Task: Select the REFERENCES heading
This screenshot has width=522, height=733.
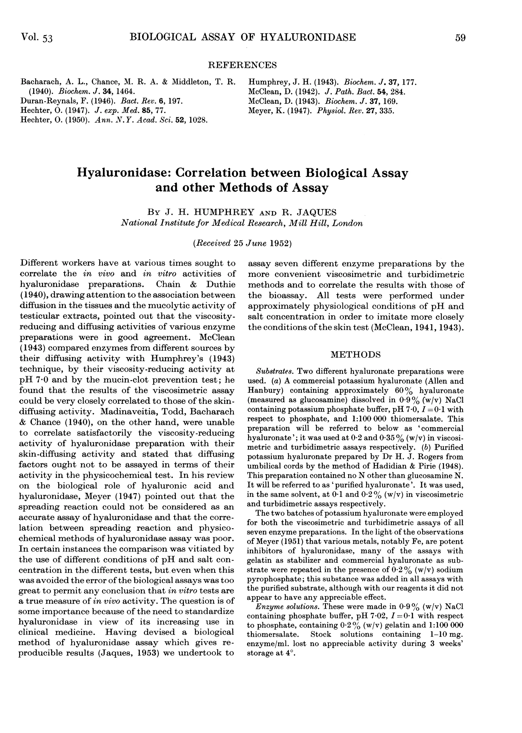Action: pyautogui.click(x=242, y=65)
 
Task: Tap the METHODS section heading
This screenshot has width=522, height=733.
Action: pyautogui.click(x=356, y=355)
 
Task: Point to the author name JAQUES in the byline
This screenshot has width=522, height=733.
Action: pyautogui.click(x=316, y=212)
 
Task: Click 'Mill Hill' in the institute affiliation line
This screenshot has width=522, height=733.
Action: pyautogui.click(x=309, y=223)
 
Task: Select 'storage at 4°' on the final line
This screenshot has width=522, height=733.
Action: pyautogui.click(x=271, y=654)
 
